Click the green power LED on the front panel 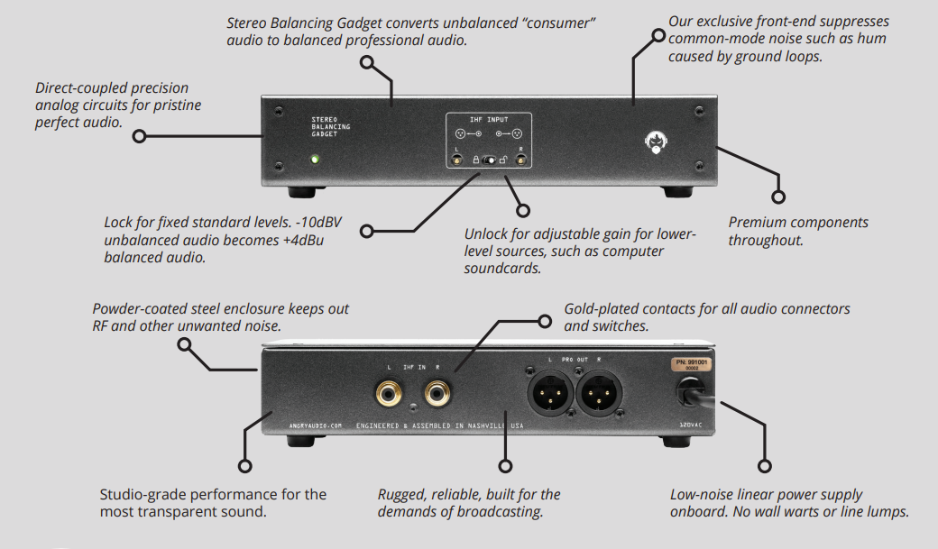point(315,160)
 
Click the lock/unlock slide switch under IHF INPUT point(490,160)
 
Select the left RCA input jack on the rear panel point(391,392)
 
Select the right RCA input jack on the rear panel point(439,392)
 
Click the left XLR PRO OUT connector point(549,393)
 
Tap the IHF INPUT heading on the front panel point(489,118)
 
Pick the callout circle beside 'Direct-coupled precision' point(139,137)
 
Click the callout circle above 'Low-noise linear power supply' point(766,466)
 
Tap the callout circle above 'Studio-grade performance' point(244,466)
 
